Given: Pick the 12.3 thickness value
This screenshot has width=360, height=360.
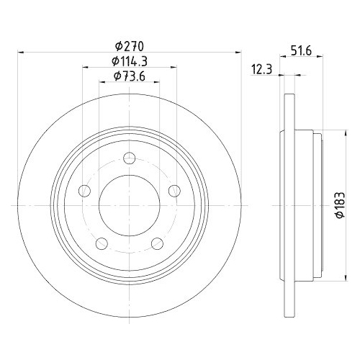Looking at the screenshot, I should click(263, 68).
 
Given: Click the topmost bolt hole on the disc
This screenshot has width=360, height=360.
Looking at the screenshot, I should click(129, 159).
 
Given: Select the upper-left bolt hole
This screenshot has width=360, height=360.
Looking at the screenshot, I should click(84, 191).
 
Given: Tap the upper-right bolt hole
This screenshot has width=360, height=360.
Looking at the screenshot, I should click(174, 191).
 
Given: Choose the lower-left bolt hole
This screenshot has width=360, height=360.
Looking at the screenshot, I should click(102, 243).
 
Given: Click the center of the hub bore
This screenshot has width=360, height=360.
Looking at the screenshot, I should click(129, 205).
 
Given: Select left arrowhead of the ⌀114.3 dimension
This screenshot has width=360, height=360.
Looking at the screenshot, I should click(85, 67).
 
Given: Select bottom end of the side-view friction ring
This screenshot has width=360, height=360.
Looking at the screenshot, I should click(289, 314).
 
